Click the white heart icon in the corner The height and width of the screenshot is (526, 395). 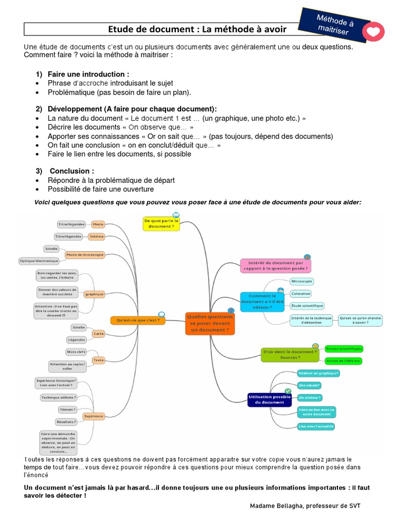(x=376, y=31)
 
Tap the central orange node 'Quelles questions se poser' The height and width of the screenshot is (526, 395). (x=209, y=323)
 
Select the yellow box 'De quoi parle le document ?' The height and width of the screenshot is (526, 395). (x=161, y=223)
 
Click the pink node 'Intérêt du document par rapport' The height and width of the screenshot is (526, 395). (x=276, y=265)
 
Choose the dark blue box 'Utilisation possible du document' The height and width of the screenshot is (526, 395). (x=269, y=399)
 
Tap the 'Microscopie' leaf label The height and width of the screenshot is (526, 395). (x=302, y=281)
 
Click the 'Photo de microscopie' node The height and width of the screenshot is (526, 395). (x=85, y=254)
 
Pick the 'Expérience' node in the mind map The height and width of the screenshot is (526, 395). (x=94, y=416)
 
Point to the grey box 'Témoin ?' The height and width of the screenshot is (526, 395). (x=68, y=409)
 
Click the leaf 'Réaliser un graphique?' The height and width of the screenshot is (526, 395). (x=318, y=373)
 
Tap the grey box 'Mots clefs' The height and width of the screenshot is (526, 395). (x=76, y=352)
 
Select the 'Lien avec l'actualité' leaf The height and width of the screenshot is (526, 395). (x=316, y=426)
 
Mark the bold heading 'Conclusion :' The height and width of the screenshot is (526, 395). (x=72, y=171)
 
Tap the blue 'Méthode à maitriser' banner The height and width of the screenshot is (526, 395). (x=335, y=25)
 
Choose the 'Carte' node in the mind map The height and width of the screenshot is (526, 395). (x=98, y=334)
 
